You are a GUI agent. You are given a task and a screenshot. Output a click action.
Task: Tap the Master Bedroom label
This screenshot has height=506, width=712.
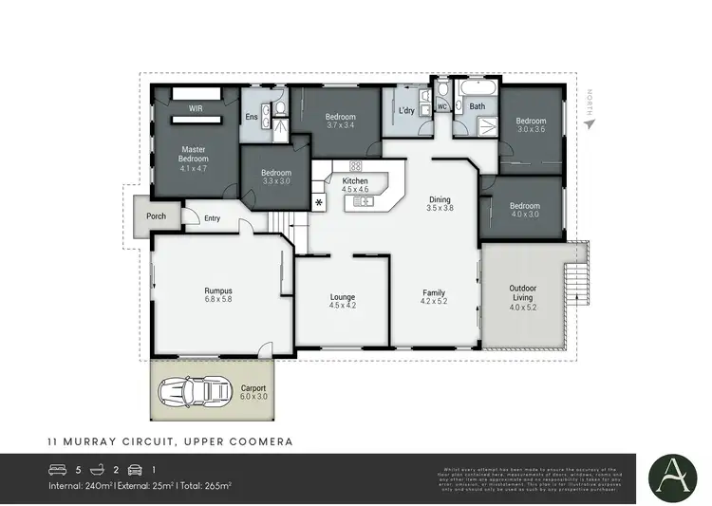(x=194, y=153)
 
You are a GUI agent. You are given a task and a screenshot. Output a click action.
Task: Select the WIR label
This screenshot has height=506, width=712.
(x=196, y=109)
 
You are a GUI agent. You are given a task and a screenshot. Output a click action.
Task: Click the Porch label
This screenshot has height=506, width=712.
(x=156, y=216)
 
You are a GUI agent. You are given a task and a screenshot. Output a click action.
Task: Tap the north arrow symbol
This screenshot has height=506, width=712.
(x=589, y=122)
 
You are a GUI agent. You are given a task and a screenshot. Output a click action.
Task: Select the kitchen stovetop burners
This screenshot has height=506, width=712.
(x=355, y=165)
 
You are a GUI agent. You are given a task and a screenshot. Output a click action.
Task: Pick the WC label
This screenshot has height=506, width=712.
(x=441, y=107)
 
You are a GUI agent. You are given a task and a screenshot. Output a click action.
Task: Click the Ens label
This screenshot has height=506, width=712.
(x=252, y=117)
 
